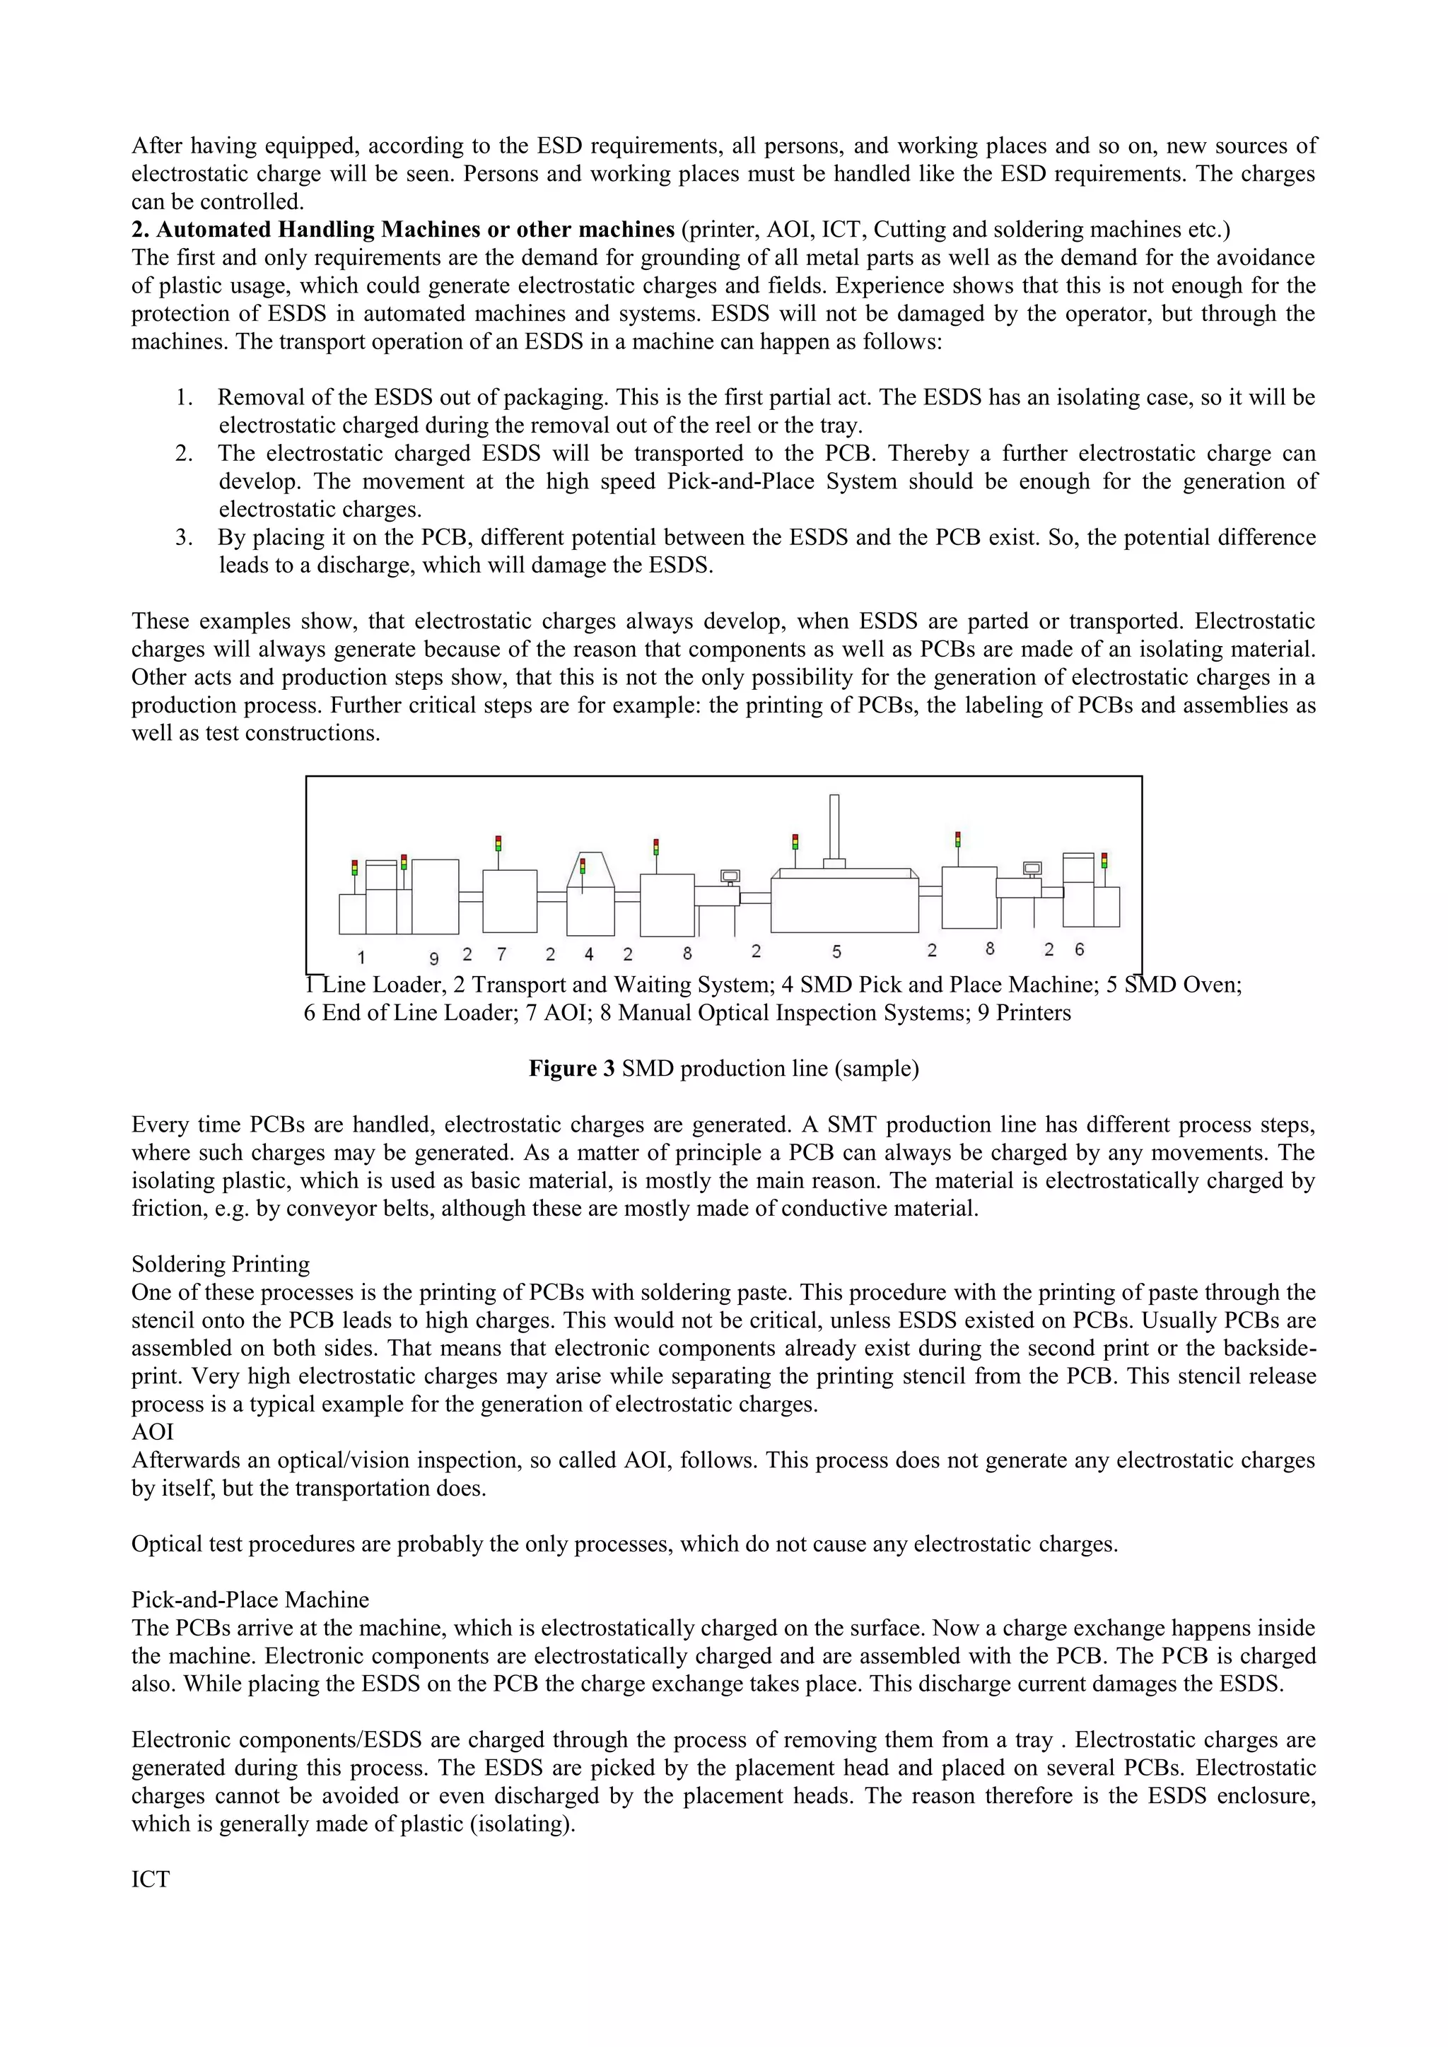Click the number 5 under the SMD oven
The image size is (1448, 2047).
tap(836, 951)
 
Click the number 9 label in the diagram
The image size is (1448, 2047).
tap(434, 958)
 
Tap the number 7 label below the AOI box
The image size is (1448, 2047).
tap(502, 954)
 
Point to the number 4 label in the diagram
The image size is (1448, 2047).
tap(590, 954)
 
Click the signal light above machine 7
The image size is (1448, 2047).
tap(498, 843)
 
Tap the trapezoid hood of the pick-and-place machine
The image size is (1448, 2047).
tap(590, 869)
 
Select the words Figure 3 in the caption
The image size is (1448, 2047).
tap(571, 1068)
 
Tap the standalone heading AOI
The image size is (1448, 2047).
tap(153, 1432)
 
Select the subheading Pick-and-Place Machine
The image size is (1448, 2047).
tap(250, 1600)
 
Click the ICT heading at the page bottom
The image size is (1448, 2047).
tap(150, 1879)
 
